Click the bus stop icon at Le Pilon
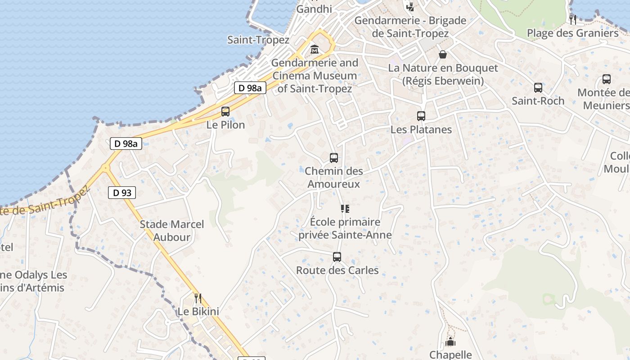point(225,111)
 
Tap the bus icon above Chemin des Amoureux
point(334,158)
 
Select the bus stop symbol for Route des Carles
point(337,257)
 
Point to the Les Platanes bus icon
point(421,116)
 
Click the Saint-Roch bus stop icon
point(538,88)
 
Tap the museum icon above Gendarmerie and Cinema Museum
point(315,49)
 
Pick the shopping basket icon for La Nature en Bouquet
point(443,54)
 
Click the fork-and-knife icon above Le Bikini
point(198,298)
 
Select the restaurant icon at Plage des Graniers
point(573,19)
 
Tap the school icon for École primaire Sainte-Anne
point(345,209)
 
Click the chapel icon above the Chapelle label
point(450,342)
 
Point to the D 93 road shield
point(122,193)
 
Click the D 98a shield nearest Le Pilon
point(250,88)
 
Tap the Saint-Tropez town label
point(258,40)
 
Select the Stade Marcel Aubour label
point(172,230)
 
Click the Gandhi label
point(314,9)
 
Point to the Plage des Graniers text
point(573,33)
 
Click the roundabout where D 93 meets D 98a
point(106,168)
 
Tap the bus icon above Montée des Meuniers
point(607,80)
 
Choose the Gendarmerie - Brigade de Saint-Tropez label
point(410,27)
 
